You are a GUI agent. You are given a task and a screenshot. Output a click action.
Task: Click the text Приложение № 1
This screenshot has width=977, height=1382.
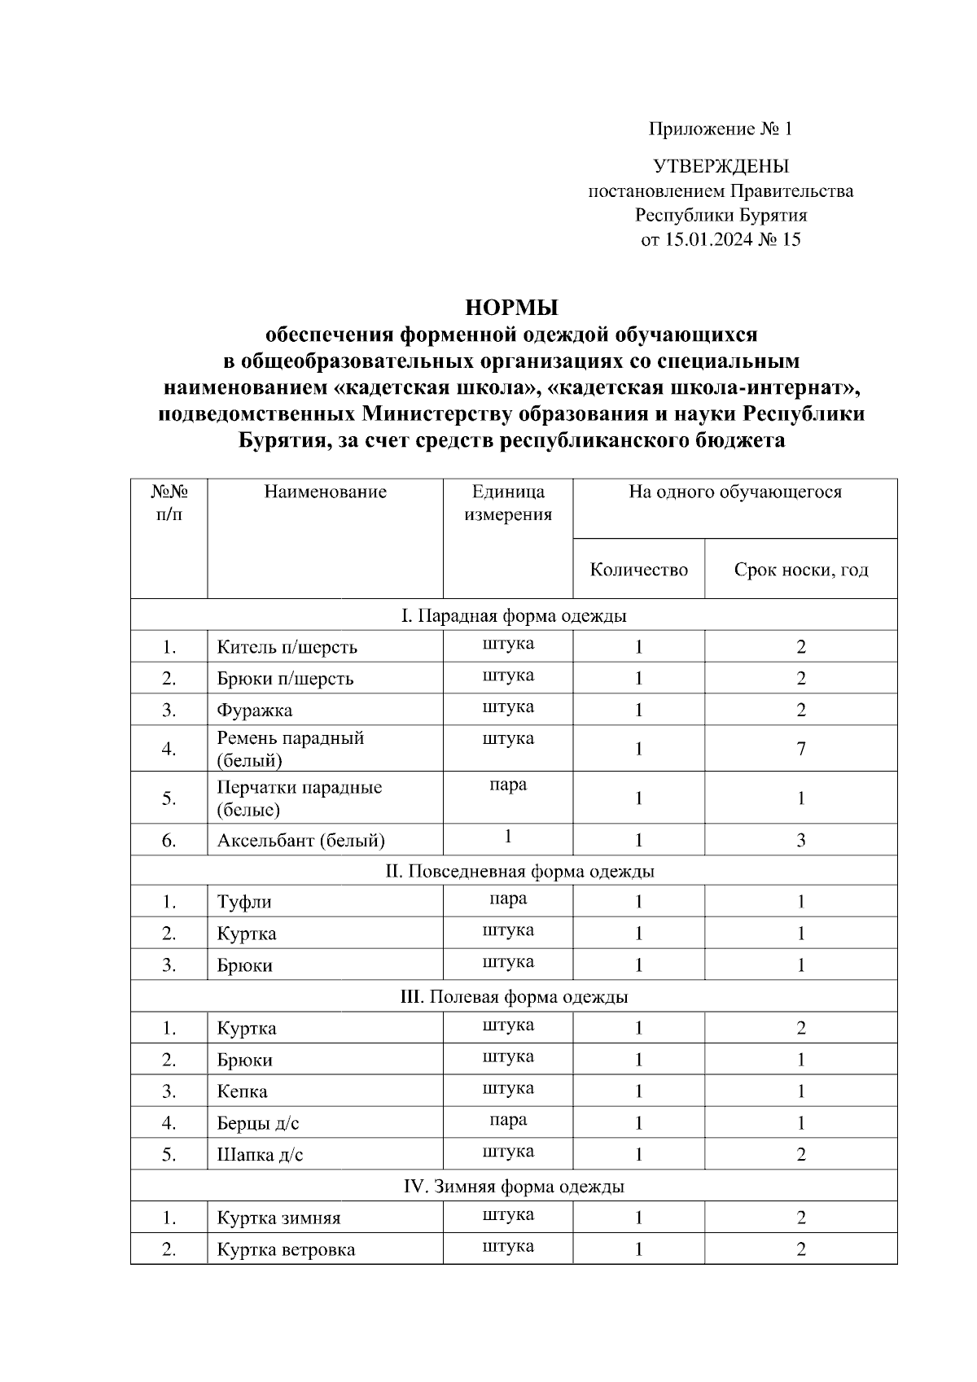pyautogui.click(x=720, y=129)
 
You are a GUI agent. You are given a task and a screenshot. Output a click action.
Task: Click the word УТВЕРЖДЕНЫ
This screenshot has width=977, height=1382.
pyautogui.click(x=721, y=167)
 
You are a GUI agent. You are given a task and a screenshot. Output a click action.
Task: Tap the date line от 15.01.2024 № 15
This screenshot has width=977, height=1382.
pyautogui.click(x=721, y=239)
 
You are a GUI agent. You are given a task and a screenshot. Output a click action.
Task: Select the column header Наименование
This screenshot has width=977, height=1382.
pyautogui.click(x=325, y=492)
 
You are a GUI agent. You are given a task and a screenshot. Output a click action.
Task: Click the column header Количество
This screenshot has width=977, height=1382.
pyautogui.click(x=638, y=570)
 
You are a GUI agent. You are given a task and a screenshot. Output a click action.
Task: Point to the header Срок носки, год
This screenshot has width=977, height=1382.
pyautogui.click(x=800, y=570)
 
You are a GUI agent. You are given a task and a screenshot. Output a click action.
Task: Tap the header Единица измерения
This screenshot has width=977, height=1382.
pyautogui.click(x=508, y=503)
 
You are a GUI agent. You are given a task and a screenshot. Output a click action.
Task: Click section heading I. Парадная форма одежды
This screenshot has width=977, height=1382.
pyautogui.click(x=514, y=616)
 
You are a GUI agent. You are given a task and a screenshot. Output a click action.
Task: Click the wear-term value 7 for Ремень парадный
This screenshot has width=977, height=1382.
pyautogui.click(x=801, y=749)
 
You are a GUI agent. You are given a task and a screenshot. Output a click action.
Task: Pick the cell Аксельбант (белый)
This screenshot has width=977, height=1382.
pyautogui.click(x=300, y=841)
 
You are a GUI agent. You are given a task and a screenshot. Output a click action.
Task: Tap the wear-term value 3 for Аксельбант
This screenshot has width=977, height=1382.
pyautogui.click(x=801, y=841)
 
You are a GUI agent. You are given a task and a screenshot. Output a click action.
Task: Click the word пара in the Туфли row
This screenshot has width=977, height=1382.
pyautogui.click(x=508, y=899)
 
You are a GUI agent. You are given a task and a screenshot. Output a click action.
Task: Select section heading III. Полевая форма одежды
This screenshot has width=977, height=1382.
pyautogui.click(x=514, y=997)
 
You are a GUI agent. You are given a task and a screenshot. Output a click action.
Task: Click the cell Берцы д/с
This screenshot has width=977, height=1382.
pyautogui.click(x=258, y=1124)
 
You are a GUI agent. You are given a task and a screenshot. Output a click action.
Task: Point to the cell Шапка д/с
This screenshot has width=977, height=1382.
pyautogui.click(x=260, y=1155)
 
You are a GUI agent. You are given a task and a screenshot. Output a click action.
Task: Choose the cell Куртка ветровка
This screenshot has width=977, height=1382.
pyautogui.click(x=286, y=1250)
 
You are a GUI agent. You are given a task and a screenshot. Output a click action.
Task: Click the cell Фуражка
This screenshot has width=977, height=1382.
pyautogui.click(x=254, y=711)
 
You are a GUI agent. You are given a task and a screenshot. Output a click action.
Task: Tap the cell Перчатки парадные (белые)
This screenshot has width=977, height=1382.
pyautogui.click(x=299, y=798)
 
